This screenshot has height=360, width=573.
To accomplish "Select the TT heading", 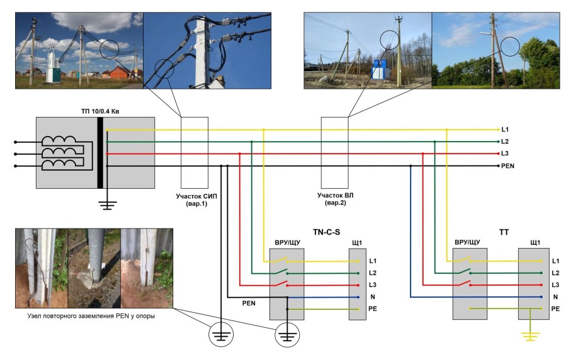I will point(504,232).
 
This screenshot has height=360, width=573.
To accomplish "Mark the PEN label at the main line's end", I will point(509,166).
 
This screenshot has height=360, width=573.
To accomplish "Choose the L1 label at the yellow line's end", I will point(505,130).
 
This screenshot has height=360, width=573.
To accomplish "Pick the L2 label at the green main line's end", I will point(505,142).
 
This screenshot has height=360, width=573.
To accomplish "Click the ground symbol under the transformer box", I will point(108,204).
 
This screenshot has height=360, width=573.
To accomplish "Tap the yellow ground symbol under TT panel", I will point(531,337).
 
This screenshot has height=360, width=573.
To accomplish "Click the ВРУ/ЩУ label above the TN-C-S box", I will point(287,242).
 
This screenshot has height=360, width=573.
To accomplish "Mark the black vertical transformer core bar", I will point(100,153).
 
